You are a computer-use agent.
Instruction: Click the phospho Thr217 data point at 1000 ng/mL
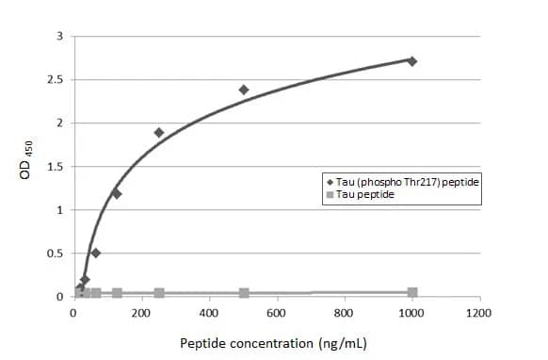pos(411,61)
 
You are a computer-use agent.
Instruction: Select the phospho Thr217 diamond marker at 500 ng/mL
pos(244,90)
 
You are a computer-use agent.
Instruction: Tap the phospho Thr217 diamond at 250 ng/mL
pos(159,133)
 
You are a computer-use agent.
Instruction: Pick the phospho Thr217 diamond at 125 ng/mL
pos(117,193)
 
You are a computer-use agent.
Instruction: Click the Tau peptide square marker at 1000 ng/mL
pos(411,292)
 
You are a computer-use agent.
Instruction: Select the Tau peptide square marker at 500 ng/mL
pos(244,293)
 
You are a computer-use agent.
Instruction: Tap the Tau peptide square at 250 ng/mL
pos(159,293)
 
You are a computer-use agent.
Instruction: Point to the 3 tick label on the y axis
pos(59,37)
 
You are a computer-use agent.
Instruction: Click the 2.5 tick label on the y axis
pos(56,80)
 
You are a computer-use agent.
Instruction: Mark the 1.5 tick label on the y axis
pos(56,167)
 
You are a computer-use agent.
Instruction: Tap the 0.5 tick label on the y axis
pos(56,254)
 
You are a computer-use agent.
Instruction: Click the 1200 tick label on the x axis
pos(479,313)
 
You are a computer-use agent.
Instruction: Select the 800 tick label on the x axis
pos(344,313)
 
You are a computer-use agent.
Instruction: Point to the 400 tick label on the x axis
pos(209,313)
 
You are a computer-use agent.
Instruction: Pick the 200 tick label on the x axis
pos(141,313)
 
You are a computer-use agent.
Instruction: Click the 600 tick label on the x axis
pos(277,313)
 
